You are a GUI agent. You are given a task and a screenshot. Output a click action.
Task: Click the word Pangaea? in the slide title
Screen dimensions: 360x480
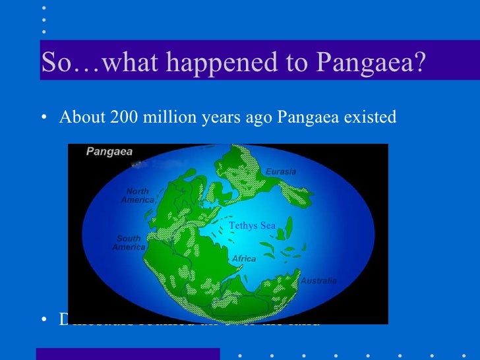pyautogui.click(x=372, y=63)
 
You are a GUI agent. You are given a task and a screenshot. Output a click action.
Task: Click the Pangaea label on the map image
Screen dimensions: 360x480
pyautogui.click(x=109, y=152)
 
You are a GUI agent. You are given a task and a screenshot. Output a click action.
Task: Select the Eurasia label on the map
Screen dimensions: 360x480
pyautogui.click(x=281, y=171)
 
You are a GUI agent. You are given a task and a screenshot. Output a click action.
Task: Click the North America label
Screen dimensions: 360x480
pyautogui.click(x=137, y=196)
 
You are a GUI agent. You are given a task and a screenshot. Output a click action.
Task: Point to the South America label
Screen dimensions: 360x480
pyautogui.click(x=129, y=243)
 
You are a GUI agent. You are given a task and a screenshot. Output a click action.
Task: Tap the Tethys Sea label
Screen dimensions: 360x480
pyautogui.click(x=252, y=226)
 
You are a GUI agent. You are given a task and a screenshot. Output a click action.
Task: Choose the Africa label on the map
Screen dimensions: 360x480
pyautogui.click(x=244, y=259)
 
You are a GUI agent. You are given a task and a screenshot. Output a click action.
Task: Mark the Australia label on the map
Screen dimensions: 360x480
pyautogui.click(x=318, y=281)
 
